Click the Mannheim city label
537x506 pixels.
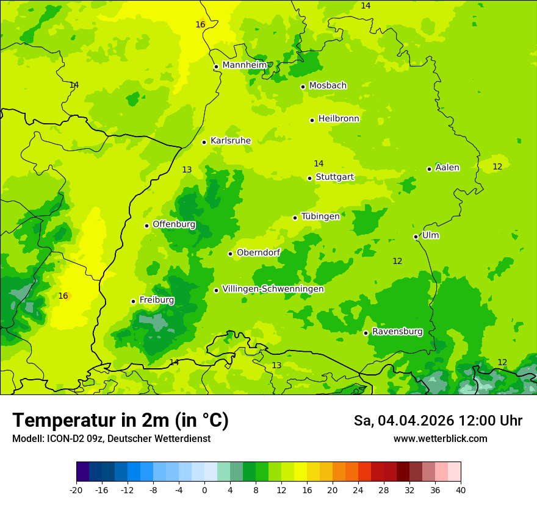[245, 65]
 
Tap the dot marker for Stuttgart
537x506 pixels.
[310, 178]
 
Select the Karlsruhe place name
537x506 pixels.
[231, 141]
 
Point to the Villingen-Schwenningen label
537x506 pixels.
[273, 289]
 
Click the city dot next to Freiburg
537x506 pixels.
[134, 301]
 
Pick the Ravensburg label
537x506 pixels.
[397, 332]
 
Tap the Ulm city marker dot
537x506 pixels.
[416, 237]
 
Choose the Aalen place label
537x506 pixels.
[447, 168]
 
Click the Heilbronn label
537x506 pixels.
[339, 119]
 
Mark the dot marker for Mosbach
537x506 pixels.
[303, 87]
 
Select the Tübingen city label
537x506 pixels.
[320, 216]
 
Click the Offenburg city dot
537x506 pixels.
[147, 226]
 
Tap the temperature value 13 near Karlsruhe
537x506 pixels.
[187, 170]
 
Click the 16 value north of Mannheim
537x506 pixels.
[200, 25]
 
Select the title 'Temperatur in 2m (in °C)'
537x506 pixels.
[120, 420]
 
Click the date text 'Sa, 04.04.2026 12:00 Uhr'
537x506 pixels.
[438, 421]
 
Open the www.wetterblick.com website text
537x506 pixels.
[440, 438]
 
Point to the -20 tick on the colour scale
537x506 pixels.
[76, 490]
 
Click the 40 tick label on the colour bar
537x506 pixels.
[460, 490]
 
